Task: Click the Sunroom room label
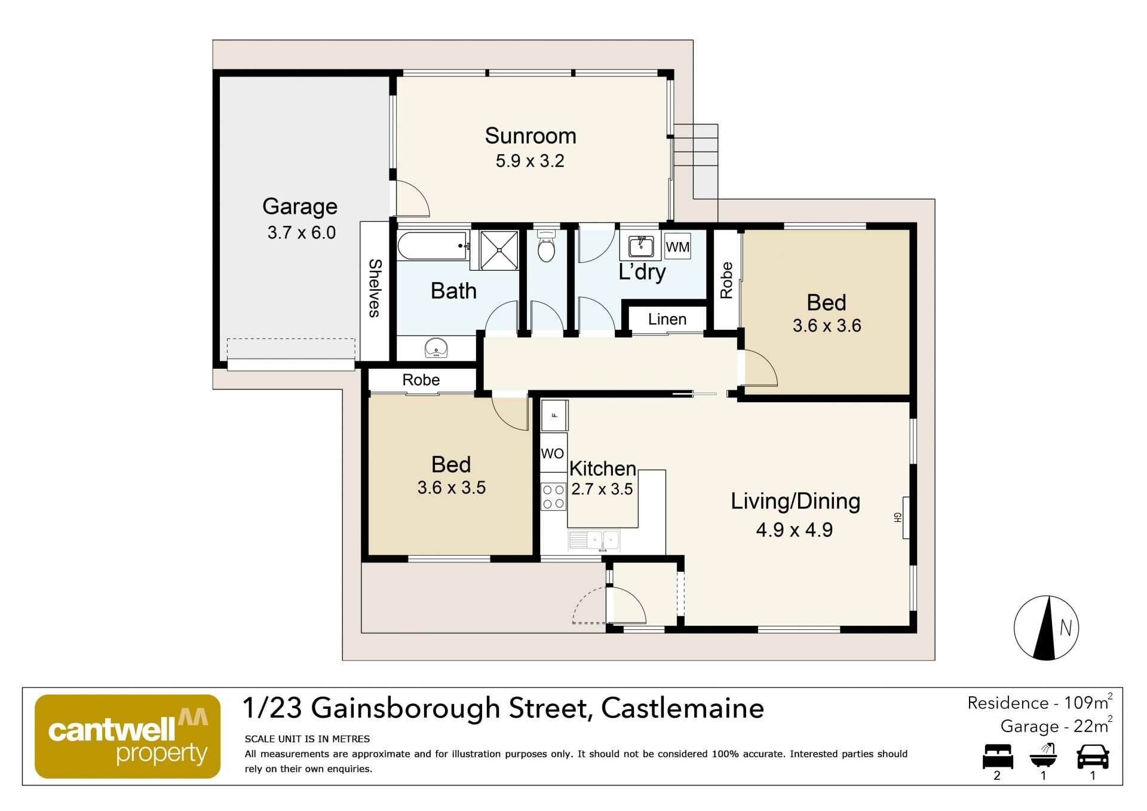click(x=530, y=136)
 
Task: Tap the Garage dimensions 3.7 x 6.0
click(x=302, y=232)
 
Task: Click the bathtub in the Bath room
click(x=433, y=246)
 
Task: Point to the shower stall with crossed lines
click(x=499, y=250)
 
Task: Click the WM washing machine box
click(x=677, y=246)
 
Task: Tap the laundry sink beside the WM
click(x=640, y=247)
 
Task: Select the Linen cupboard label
click(x=667, y=319)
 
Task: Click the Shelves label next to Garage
click(x=375, y=287)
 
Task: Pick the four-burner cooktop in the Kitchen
click(x=553, y=497)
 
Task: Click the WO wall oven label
click(x=552, y=454)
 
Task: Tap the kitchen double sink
click(x=594, y=541)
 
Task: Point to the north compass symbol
click(x=1046, y=628)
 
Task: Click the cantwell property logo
click(x=128, y=736)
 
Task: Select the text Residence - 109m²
click(x=1039, y=702)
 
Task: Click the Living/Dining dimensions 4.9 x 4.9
click(x=795, y=530)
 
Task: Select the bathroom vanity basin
click(x=436, y=348)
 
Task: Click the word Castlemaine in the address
click(x=682, y=708)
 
